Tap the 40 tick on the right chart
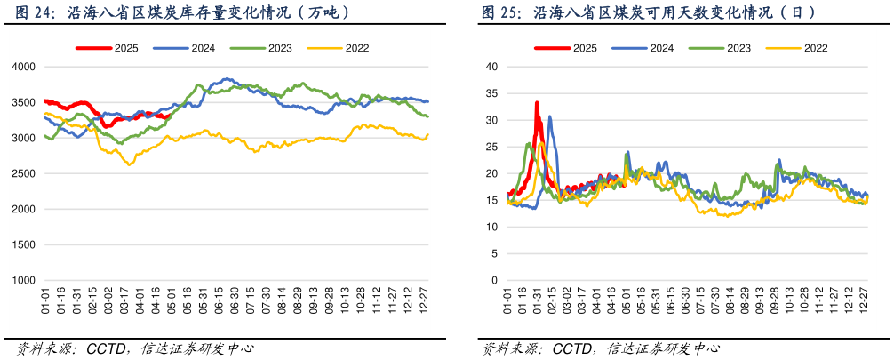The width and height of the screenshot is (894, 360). pyautogui.click(x=491, y=67)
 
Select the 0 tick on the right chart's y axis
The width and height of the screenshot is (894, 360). pyautogui.click(x=494, y=280)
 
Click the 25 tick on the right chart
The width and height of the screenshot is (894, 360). pyautogui.click(x=491, y=147)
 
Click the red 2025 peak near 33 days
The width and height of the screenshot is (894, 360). pyautogui.click(x=537, y=103)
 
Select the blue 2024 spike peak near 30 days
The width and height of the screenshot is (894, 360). pyautogui.click(x=549, y=116)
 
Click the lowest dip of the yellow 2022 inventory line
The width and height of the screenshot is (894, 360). pyautogui.click(x=130, y=164)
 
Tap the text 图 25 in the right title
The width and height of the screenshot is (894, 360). pyautogui.click(x=499, y=13)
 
